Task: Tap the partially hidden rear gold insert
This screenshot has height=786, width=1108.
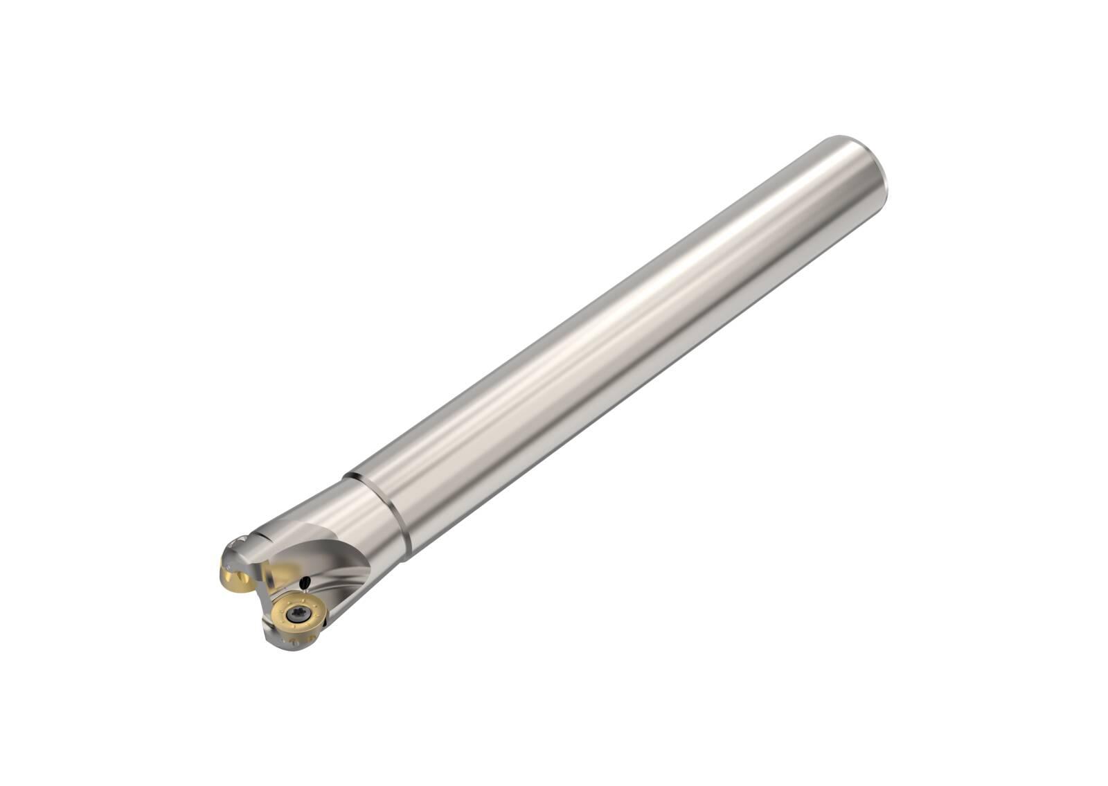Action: click(235, 596)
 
